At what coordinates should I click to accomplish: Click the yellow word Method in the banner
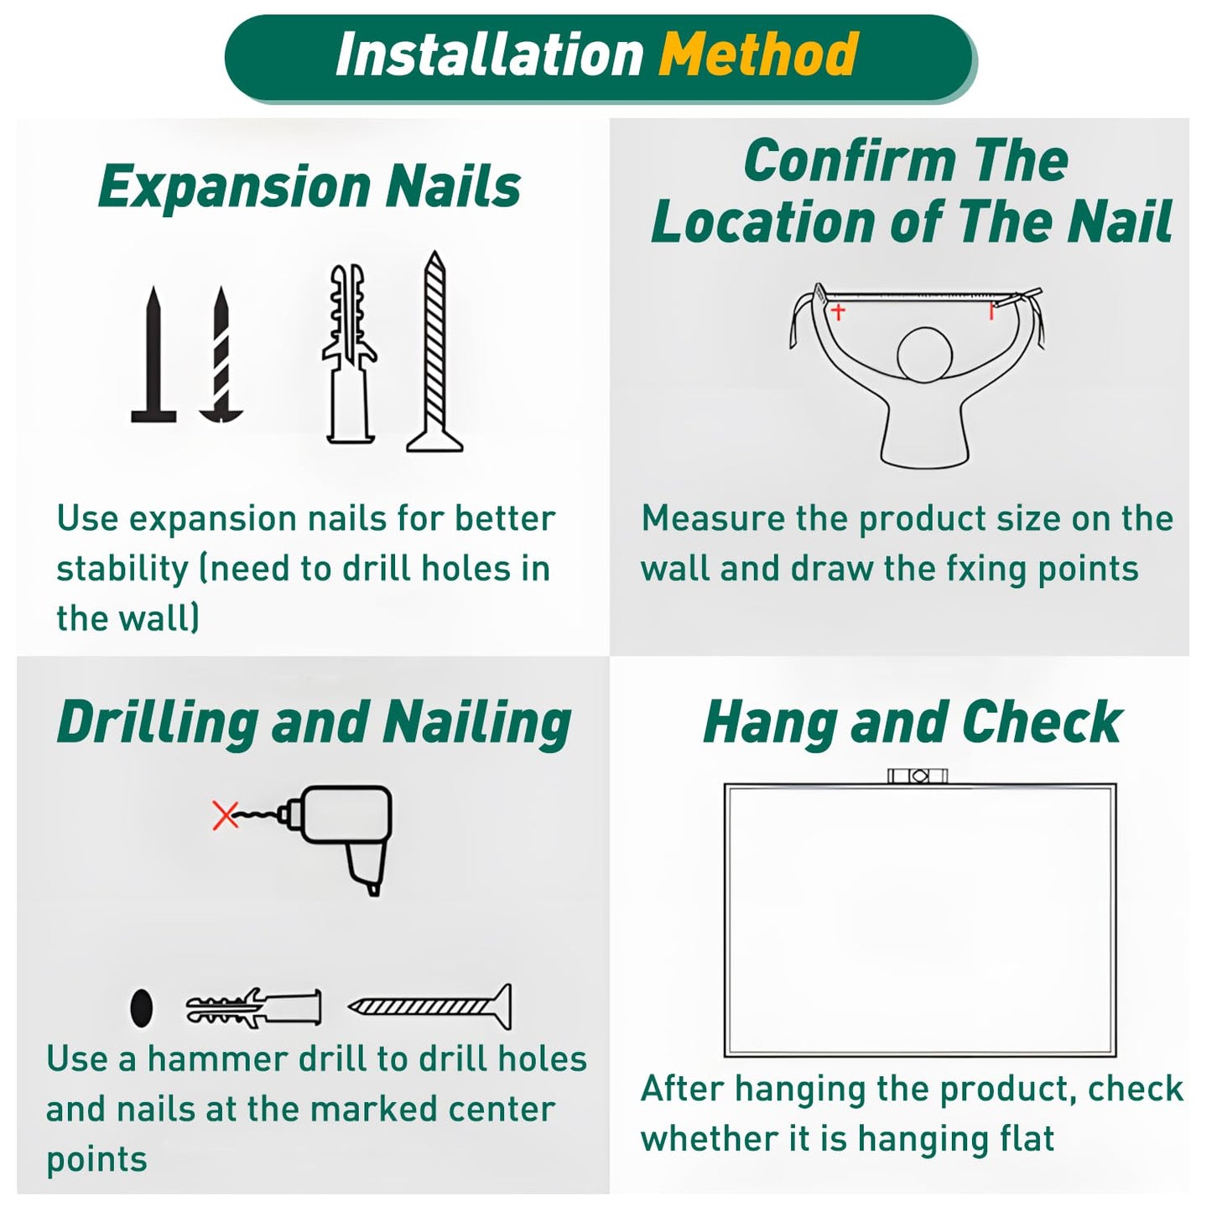758,55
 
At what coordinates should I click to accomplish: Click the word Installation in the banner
489,55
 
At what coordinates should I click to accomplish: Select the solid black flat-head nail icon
153,355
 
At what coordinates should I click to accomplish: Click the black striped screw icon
221,355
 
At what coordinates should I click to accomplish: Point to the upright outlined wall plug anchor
350,354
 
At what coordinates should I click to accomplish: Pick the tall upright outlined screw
434,352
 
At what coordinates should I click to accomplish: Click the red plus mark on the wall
838,311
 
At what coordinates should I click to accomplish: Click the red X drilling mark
226,817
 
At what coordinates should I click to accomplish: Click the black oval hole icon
142,1008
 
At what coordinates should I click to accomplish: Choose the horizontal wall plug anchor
253,1008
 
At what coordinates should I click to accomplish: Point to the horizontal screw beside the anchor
429,1007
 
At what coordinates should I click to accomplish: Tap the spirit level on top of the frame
917,777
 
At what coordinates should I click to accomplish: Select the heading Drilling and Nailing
314,723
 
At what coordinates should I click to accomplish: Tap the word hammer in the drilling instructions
217,1059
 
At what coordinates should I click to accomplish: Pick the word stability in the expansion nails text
122,570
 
